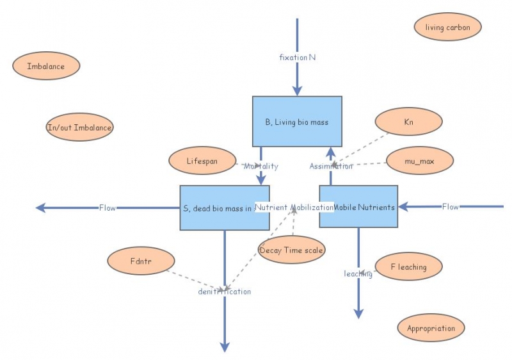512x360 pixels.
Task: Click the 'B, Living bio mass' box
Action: coord(297,122)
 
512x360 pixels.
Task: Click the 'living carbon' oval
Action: coord(447,28)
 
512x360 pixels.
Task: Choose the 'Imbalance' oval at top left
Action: coord(46,66)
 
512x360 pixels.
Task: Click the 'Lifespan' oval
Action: coord(202,161)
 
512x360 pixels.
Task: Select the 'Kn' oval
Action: coord(408,122)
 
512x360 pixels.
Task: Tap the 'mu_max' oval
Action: coord(420,161)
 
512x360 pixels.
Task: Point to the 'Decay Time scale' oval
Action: coord(291,250)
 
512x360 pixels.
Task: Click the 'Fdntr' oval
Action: coord(141,261)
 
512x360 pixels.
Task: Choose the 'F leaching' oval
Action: coord(408,266)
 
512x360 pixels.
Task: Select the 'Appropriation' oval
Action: coord(431,329)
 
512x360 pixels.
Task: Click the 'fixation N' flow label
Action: coord(298,57)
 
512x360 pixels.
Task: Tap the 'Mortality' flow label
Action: coord(260,167)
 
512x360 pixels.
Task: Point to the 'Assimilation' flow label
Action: coord(331,167)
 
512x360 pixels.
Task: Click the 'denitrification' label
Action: coord(225,291)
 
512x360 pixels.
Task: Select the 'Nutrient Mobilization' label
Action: coord(294,208)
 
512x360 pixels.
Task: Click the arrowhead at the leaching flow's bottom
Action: coord(358,313)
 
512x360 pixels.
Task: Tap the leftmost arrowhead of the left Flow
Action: coord(40,208)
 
